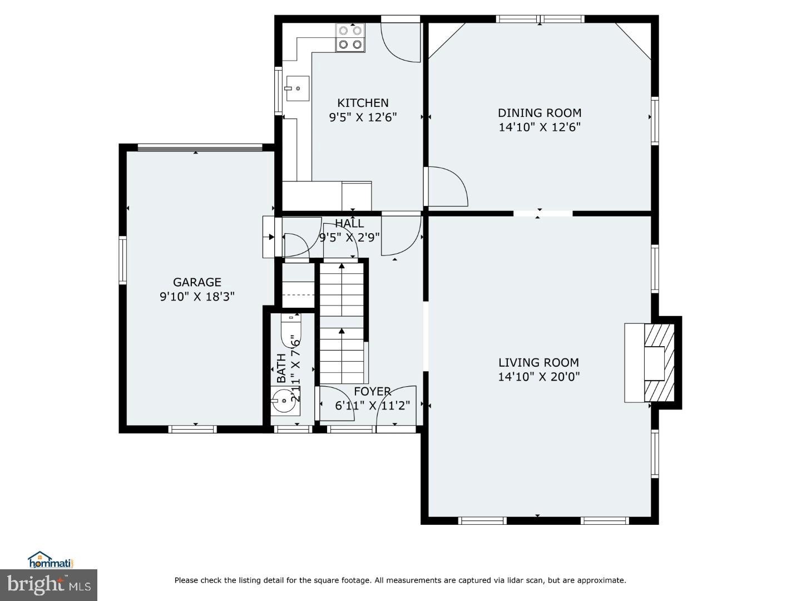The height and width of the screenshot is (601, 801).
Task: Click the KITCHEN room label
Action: (363, 103)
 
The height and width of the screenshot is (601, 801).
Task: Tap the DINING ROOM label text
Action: (539, 113)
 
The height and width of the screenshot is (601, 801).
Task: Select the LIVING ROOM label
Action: (538, 362)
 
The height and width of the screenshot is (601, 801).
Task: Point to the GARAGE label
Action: (197, 282)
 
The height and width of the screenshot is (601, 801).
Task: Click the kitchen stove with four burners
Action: (350, 37)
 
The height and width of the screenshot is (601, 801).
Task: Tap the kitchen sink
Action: (297, 88)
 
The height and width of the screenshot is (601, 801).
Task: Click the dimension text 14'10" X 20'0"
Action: (538, 377)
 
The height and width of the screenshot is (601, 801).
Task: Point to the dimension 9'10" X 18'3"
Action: (197, 297)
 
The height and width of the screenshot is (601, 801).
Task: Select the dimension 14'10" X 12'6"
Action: (539, 127)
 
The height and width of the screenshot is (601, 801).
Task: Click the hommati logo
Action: (51, 560)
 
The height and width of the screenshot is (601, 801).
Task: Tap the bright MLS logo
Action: (48, 585)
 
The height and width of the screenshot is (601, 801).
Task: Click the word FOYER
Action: (372, 391)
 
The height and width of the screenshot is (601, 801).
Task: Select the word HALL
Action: (349, 224)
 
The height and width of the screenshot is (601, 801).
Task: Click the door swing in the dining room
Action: (448, 187)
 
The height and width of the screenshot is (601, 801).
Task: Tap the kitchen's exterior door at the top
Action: (400, 40)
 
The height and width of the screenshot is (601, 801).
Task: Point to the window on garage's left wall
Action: (123, 260)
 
